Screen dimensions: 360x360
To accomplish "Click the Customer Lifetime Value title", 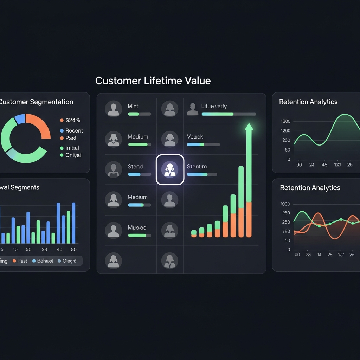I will (x=153, y=81).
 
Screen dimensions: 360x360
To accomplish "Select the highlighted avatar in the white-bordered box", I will (x=170, y=169).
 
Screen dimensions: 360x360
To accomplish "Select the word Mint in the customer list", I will (x=133, y=106).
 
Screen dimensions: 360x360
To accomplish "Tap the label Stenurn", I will (x=197, y=166).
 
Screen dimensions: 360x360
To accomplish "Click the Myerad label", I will (x=137, y=227).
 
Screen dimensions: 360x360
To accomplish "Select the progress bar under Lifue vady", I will (x=229, y=114).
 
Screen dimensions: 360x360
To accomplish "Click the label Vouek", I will (x=195, y=136).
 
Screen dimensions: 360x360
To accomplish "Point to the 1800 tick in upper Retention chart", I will (x=285, y=121).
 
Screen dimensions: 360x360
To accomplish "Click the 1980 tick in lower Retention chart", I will (x=285, y=204).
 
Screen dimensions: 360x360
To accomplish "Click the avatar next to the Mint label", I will (x=114, y=109).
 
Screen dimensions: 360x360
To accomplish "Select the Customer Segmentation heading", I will (x=36, y=102).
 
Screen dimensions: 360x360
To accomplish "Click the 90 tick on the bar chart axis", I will (x=73, y=249).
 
